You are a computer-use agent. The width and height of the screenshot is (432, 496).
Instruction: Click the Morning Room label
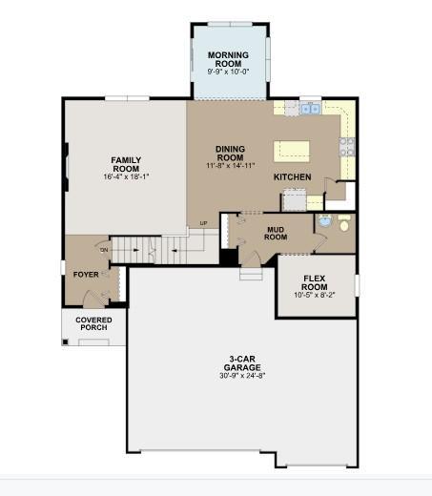point(228,59)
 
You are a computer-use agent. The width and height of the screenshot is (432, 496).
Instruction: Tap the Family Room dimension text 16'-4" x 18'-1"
point(126,176)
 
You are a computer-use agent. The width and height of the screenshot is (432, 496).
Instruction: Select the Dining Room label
point(231,154)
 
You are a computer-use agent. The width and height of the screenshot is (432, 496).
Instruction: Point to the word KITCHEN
point(293,177)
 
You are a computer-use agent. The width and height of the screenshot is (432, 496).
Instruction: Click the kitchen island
point(292,152)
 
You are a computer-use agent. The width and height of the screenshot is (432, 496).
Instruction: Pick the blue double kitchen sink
point(310,109)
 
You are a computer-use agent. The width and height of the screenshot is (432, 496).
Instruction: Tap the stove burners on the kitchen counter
point(347,147)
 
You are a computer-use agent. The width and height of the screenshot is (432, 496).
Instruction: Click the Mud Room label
point(276,234)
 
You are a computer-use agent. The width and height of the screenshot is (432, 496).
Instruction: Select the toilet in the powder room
point(344,222)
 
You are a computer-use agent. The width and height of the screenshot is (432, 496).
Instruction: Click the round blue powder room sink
point(325,220)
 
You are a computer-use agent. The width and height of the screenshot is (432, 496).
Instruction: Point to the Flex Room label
point(314,282)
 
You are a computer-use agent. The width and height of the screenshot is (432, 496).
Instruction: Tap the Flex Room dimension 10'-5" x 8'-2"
point(315,295)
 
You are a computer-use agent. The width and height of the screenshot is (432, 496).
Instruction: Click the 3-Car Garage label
point(242,363)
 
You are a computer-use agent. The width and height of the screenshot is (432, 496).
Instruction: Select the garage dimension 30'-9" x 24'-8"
point(242,376)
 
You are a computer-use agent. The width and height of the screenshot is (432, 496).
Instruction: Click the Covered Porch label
point(93,323)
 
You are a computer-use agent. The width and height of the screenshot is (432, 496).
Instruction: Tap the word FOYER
point(86,275)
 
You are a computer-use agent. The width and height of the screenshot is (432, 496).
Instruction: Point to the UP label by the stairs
point(203,223)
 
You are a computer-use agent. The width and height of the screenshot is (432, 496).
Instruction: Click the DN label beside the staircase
point(104,250)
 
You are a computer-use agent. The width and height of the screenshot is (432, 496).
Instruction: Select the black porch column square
point(65,342)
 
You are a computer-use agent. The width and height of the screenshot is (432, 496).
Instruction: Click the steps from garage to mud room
point(251,274)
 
